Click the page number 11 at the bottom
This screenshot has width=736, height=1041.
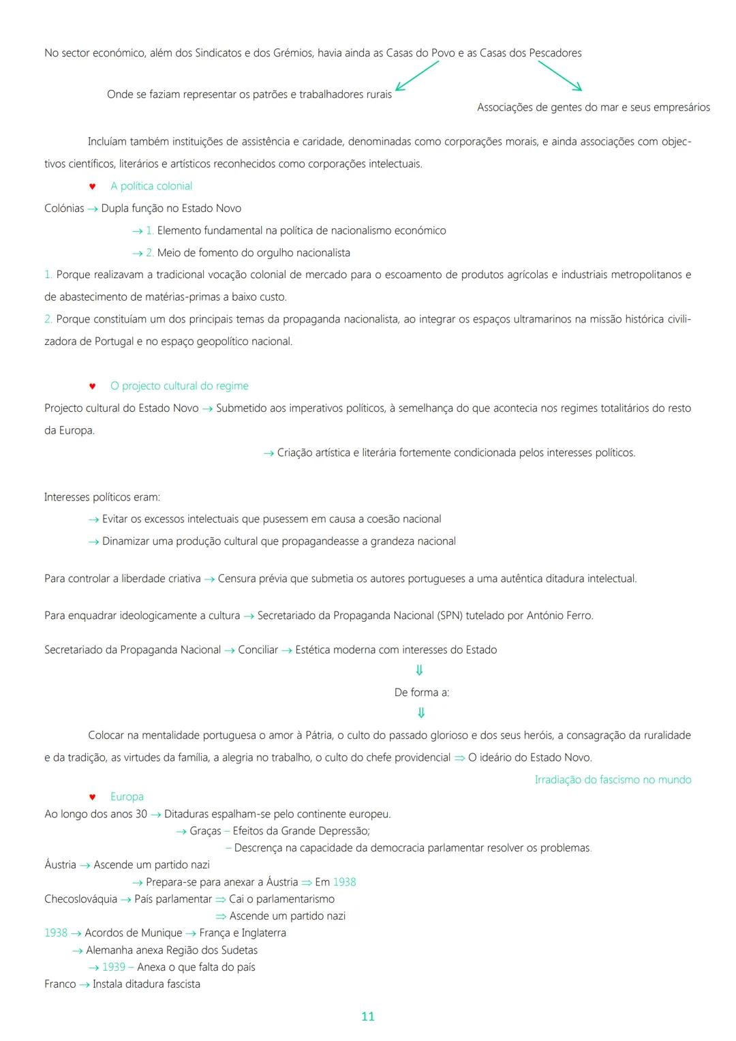point(367,1016)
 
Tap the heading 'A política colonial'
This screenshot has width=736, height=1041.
point(151,186)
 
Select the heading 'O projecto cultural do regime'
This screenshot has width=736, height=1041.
point(179,386)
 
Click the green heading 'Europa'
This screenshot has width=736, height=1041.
point(127,796)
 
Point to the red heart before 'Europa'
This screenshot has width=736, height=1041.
point(93,797)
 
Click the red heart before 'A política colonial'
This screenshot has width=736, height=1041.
point(93,186)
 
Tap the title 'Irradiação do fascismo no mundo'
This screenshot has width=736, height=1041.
point(613,779)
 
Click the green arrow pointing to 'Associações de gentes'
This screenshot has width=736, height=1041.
point(559,76)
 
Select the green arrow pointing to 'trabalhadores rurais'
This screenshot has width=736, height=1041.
point(416,76)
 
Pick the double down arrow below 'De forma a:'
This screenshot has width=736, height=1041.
point(421,713)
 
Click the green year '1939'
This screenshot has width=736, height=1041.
point(114,967)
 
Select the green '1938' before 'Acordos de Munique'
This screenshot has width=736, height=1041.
point(56,933)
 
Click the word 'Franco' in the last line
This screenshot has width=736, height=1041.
point(60,984)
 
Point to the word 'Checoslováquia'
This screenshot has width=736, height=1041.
point(80,899)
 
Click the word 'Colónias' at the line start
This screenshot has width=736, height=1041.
point(64,209)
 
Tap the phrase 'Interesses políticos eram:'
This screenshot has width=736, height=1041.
point(102,497)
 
